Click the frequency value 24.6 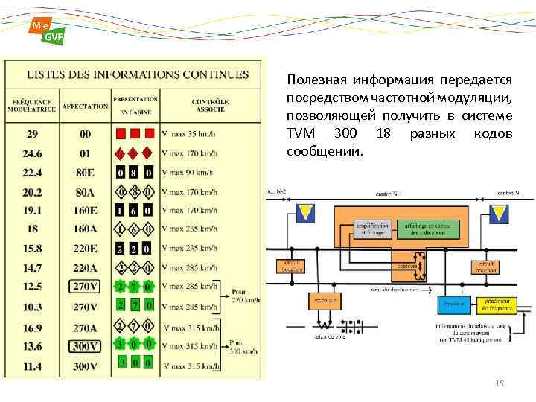click(x=32, y=153)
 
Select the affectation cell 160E click(x=85, y=210)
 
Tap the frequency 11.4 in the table click(x=32, y=365)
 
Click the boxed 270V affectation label click(x=85, y=286)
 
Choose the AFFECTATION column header click(x=85, y=106)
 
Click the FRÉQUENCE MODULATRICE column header click(x=31, y=105)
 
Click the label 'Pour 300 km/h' click(x=240, y=346)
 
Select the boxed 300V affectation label click(x=85, y=345)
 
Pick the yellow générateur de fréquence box click(x=492, y=303)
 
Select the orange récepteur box click(x=322, y=301)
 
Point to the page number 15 click(x=499, y=383)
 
